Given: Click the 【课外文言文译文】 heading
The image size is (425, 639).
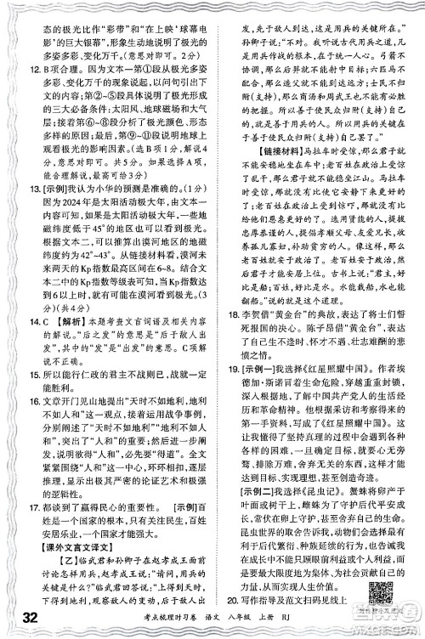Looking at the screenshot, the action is [63, 581].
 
